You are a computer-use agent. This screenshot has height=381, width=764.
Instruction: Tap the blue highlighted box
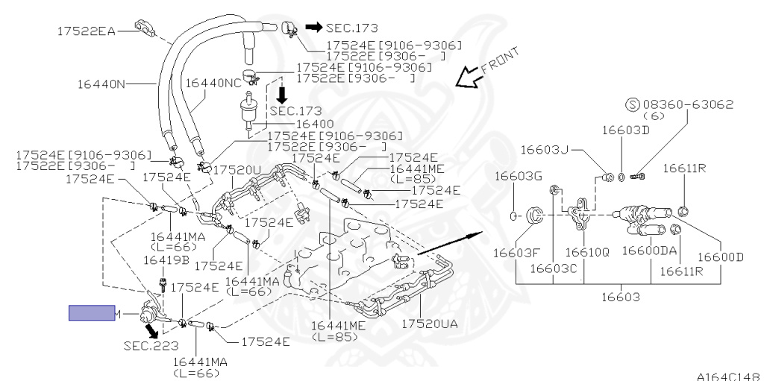click(x=92, y=313)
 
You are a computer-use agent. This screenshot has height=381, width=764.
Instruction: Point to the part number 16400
click(x=295, y=124)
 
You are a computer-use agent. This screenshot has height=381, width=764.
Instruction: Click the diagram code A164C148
click(x=728, y=375)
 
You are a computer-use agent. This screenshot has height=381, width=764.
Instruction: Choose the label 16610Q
click(x=587, y=251)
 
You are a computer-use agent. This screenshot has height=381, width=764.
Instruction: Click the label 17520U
click(x=238, y=170)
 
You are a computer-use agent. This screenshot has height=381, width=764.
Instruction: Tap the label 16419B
click(x=166, y=260)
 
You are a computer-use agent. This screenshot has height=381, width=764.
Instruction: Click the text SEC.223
click(x=147, y=345)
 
